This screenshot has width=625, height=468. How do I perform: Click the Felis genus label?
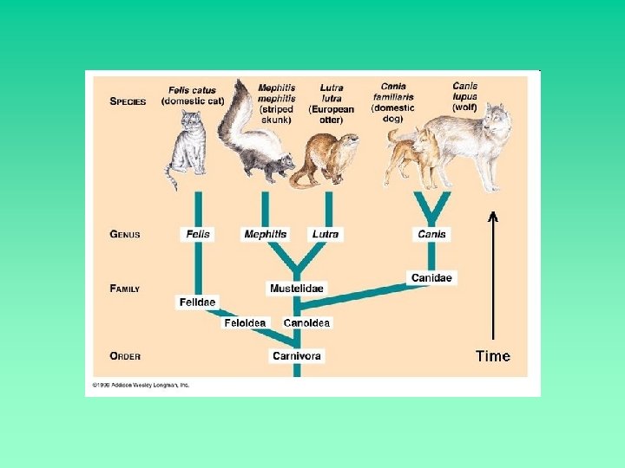197,234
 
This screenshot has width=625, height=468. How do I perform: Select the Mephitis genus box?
265,234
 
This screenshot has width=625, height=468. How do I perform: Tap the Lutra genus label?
326,234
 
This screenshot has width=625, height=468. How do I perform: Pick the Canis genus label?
431,234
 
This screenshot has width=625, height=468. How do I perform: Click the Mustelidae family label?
296,288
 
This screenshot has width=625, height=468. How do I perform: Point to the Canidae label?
431,277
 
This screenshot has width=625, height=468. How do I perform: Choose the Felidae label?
197,302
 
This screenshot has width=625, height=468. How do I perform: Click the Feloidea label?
246,322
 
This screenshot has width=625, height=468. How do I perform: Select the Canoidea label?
306,322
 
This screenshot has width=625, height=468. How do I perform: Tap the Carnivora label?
296,355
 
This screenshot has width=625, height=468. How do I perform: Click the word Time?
492,355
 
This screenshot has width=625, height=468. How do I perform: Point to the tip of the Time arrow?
493,214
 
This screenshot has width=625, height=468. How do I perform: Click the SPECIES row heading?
128,101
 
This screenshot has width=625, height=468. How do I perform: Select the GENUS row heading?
125,234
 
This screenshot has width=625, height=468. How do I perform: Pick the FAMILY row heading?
125,288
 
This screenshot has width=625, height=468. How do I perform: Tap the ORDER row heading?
125,355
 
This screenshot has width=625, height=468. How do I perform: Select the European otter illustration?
323,160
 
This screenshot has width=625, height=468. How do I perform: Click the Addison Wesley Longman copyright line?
141,384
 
